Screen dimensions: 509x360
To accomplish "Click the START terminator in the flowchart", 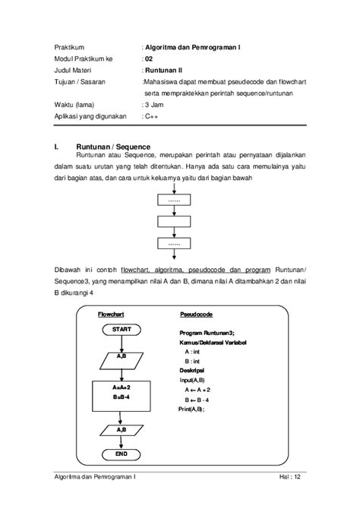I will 122,330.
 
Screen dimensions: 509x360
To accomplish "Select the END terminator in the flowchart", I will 122,454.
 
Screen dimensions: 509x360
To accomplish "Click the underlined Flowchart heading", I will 111,314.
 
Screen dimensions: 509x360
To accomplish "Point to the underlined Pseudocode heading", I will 196,314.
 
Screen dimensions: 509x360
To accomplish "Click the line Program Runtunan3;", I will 207,333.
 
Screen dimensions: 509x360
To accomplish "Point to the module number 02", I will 149,58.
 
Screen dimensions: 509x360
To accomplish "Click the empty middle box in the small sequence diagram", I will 175,223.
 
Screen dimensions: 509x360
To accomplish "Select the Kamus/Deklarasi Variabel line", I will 213,343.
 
